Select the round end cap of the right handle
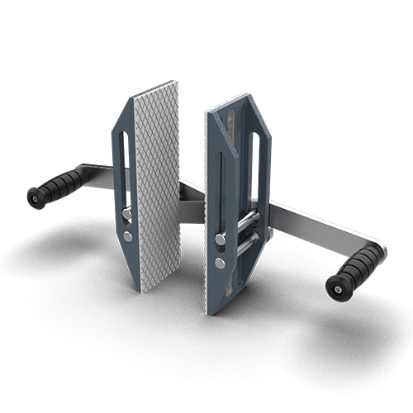[335, 286]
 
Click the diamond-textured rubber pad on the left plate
[157, 186]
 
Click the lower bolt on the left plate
[127, 236]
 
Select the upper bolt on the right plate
[221, 239]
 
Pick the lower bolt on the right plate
[221, 263]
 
